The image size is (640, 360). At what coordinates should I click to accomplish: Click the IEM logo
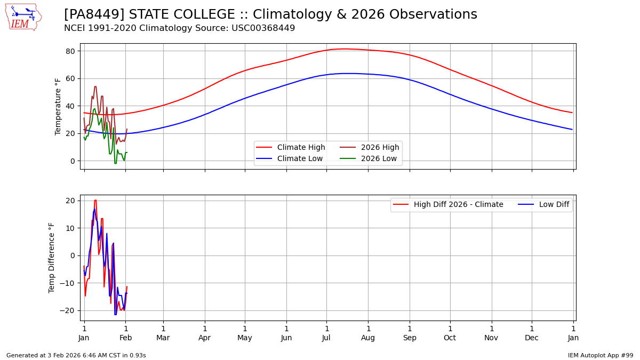point(23,17)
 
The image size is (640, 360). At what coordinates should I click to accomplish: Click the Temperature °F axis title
point(59,106)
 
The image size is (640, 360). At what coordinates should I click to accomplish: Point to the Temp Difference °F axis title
point(52,258)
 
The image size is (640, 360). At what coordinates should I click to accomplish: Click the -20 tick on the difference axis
point(70,310)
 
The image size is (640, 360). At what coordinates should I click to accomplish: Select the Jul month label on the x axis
point(326,338)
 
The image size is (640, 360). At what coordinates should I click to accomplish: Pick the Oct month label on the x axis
point(450,338)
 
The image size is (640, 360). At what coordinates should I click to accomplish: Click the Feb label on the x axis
point(126,338)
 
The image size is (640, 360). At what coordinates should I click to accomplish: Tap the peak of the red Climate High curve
point(345,49)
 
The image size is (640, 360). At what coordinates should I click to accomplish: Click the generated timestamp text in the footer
point(76,355)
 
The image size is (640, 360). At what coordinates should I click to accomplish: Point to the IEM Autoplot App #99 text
point(601,355)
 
